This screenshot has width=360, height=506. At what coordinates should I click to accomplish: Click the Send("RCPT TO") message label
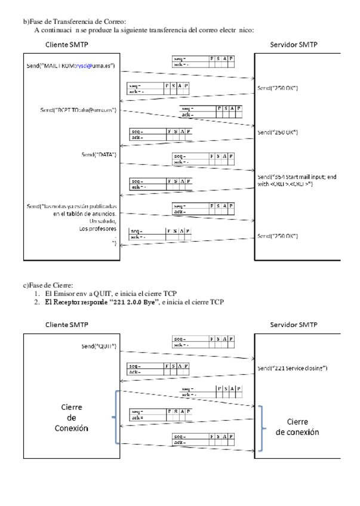pyautogui.click(x=78, y=110)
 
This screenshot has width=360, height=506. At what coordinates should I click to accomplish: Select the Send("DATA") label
pyautogui.click(x=99, y=155)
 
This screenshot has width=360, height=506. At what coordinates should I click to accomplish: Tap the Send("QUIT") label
pyautogui.click(x=99, y=346)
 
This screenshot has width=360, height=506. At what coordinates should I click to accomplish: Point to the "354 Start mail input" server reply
pyautogui.click(x=293, y=181)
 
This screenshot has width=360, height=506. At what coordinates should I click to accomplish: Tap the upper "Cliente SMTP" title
pyautogui.click(x=69, y=45)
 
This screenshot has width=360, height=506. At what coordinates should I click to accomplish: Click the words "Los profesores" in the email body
pyautogui.click(x=98, y=229)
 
